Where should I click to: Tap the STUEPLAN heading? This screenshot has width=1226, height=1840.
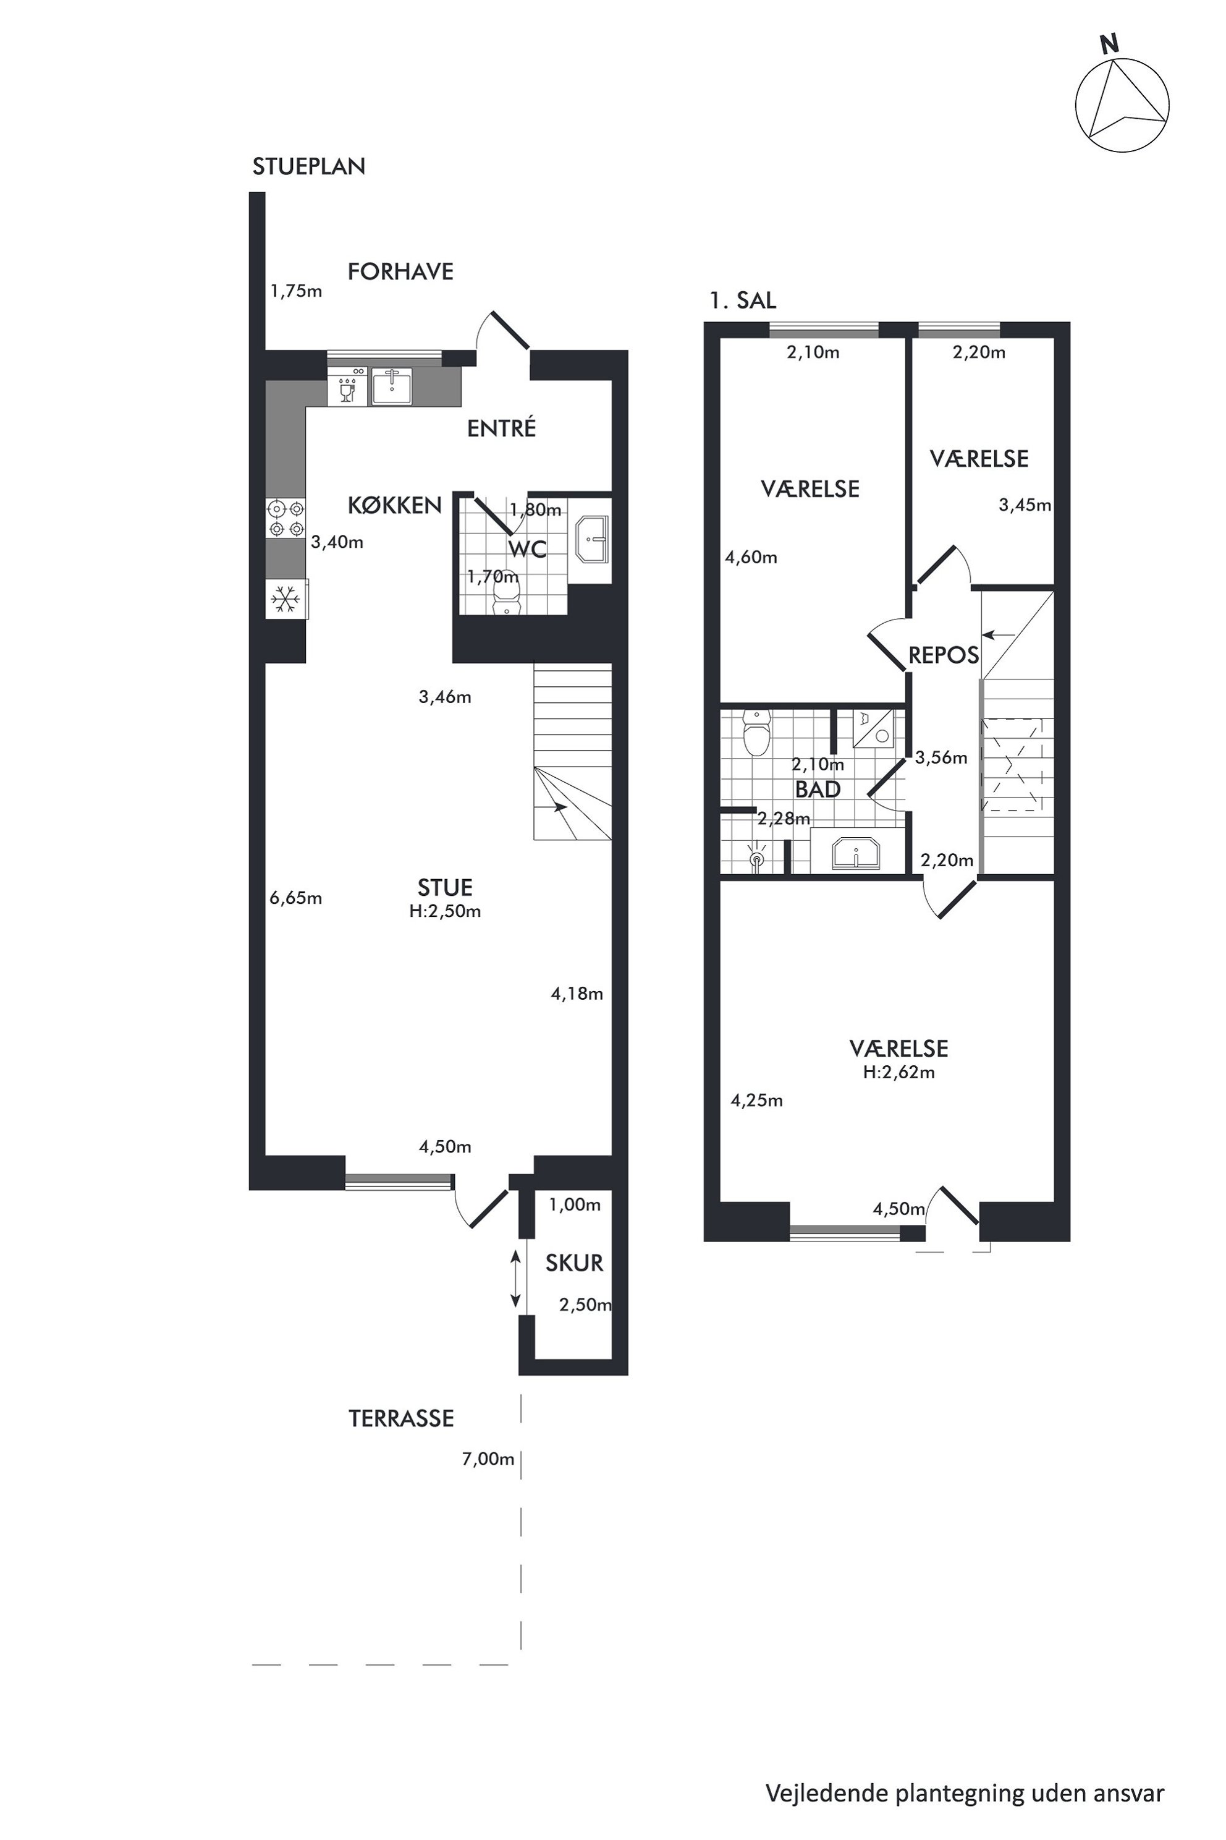pos(309,167)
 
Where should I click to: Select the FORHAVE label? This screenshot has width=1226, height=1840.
pos(400,271)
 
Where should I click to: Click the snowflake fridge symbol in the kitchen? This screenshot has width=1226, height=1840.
pos(285,600)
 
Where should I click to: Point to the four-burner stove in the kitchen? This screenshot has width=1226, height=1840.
pos(285,519)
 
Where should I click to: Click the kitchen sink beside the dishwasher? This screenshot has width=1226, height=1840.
pos(391,386)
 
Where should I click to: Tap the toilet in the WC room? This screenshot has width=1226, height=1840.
pos(507,600)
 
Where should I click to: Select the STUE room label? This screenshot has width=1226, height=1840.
pos(445,887)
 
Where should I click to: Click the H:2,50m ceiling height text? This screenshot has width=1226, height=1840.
pos(445,911)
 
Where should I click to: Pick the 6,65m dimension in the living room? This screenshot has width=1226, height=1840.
pos(295,898)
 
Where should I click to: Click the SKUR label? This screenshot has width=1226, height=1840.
pos(575,1263)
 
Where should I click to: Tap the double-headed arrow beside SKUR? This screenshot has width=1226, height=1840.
pos(515,1279)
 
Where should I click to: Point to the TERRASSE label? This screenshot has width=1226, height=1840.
pos(401,1418)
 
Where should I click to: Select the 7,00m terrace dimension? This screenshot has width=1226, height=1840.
pos(488,1459)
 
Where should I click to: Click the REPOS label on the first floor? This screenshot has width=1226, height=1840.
pos(944,655)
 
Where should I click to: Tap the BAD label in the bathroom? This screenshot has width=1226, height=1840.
pos(818,790)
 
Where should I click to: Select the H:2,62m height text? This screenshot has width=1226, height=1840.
pos(899,1073)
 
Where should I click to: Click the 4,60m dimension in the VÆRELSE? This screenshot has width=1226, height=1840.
pos(751,558)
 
